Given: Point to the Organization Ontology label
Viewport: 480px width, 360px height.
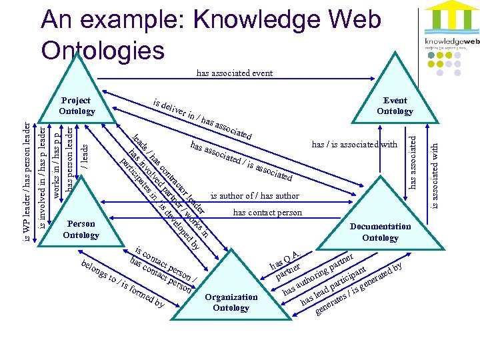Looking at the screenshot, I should (x=231, y=302).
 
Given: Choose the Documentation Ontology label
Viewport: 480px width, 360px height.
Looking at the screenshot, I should (x=380, y=232).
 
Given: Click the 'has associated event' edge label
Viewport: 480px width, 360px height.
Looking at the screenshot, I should (x=234, y=73).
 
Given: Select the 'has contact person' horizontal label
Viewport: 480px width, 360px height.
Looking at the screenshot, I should (x=267, y=213).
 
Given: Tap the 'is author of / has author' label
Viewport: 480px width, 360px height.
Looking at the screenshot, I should (x=255, y=196).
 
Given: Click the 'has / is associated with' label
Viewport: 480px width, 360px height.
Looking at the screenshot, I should (x=354, y=144).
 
